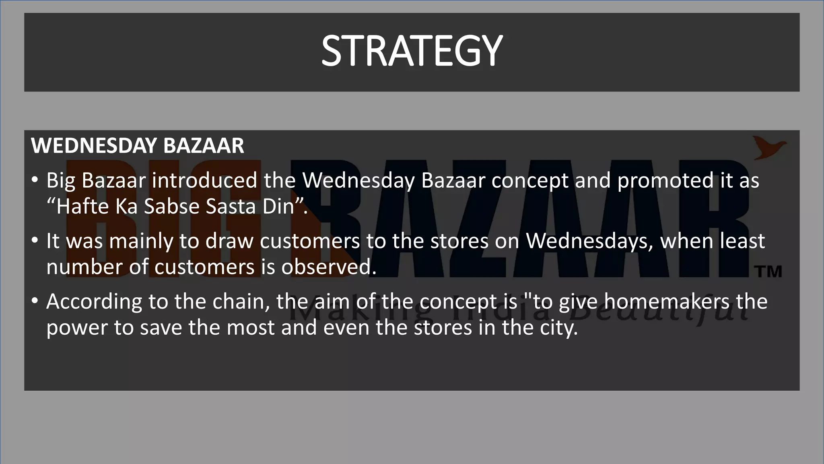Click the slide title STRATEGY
[x=412, y=51]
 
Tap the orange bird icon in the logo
[x=769, y=147]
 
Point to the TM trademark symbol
[x=770, y=271]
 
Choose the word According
[x=94, y=301]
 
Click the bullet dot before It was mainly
[x=35, y=240]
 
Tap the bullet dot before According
[x=35, y=300]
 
